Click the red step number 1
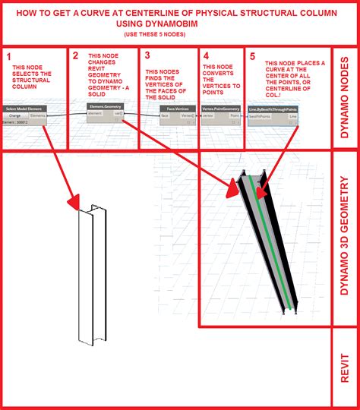8,57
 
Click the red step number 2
76,55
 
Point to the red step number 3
147,55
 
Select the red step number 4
206,55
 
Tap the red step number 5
251,55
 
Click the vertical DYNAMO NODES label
346,97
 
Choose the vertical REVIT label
346,367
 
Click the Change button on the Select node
14,115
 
